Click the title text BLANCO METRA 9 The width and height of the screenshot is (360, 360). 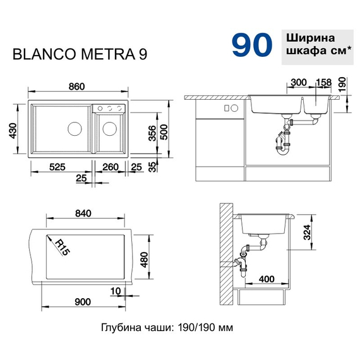click(x=81, y=55)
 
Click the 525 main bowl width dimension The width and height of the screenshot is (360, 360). click(x=57, y=167)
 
